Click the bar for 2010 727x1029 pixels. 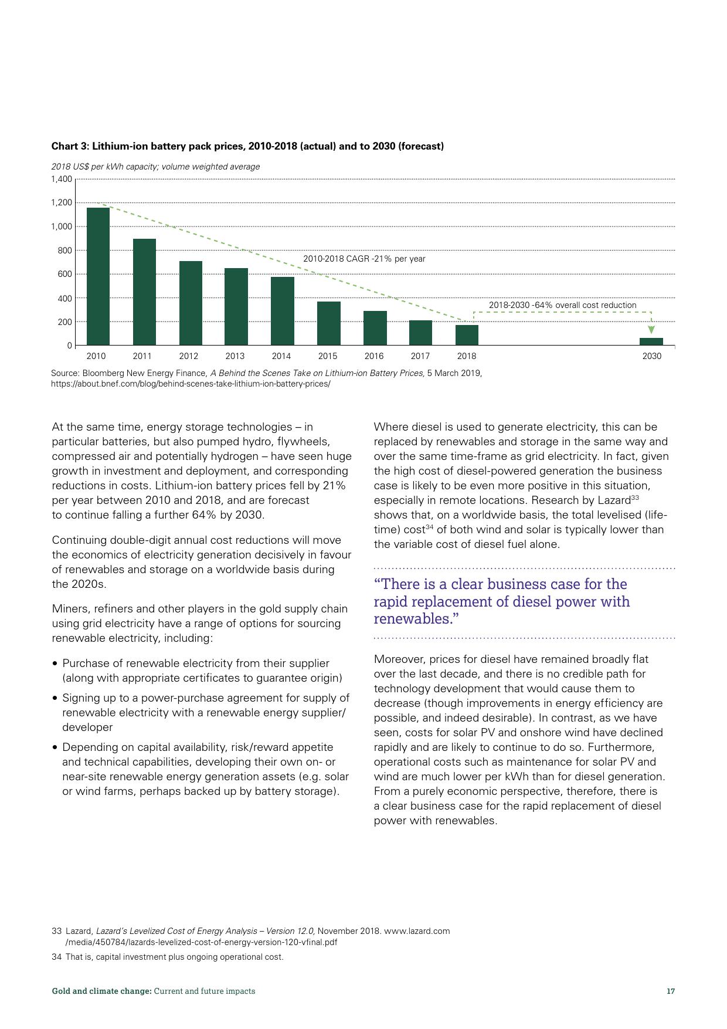point(98,276)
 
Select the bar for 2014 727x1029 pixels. point(282,311)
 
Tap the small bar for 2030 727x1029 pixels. point(651,341)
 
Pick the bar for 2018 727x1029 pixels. point(467,335)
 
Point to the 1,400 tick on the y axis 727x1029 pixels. point(62,179)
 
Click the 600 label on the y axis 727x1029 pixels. point(65,274)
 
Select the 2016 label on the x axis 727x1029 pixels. point(374,356)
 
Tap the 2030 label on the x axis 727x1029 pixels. point(651,356)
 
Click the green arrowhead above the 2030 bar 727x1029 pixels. point(651,330)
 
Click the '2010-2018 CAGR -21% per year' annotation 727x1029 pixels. point(364,259)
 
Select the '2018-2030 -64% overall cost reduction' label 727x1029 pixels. point(562,305)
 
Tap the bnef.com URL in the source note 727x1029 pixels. point(191,384)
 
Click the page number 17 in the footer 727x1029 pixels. point(671,991)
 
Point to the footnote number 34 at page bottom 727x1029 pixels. point(57,957)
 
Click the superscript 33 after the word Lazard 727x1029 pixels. point(634,497)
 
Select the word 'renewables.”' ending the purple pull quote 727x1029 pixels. point(416,619)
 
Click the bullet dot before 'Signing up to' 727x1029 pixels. point(55,698)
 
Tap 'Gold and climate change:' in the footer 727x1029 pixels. point(101,991)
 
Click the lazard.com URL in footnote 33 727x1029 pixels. point(417,931)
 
